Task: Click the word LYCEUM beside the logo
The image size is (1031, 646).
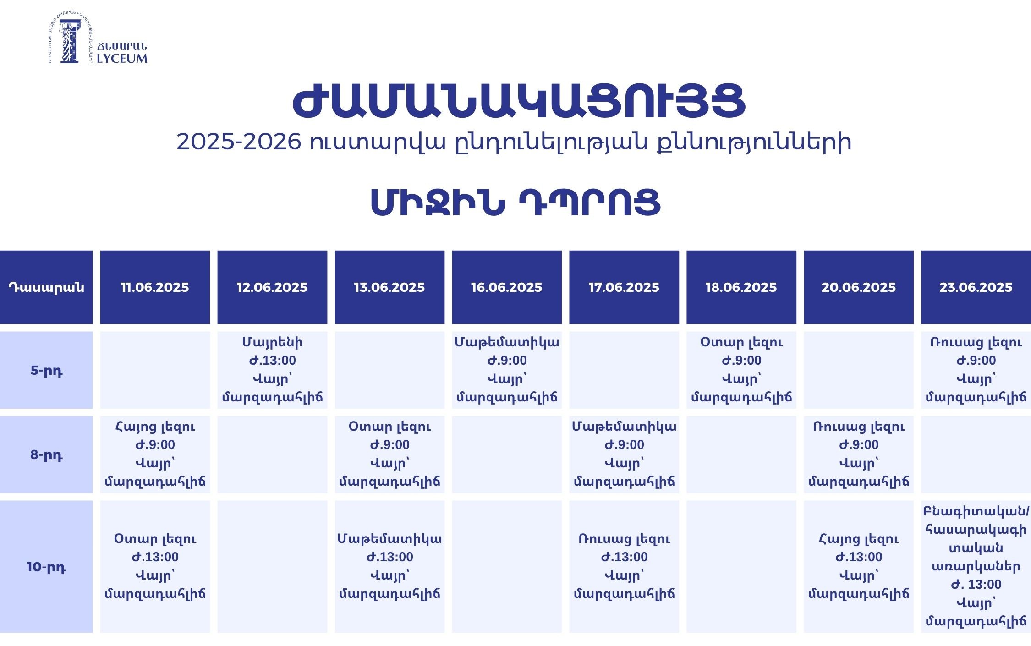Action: [x=122, y=58]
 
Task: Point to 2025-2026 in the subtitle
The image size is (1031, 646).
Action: [x=239, y=142]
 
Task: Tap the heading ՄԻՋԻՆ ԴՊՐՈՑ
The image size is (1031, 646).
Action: [x=515, y=202]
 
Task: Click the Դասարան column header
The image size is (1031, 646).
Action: [x=46, y=287]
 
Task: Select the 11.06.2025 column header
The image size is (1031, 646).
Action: [x=155, y=287]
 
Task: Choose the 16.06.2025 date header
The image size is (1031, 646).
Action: [x=507, y=287]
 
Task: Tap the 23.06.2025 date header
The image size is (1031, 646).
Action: [x=976, y=287]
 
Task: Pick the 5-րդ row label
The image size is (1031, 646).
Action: [x=46, y=370]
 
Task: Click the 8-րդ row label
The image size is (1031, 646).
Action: [x=46, y=454]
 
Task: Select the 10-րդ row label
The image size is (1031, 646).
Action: [x=46, y=567]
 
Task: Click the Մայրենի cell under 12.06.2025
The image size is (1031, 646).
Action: [x=272, y=370]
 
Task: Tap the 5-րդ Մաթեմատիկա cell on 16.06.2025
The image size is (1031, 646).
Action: [x=507, y=370]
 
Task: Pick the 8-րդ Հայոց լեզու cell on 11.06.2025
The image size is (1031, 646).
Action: [x=155, y=454]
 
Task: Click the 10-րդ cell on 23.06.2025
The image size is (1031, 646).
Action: [x=976, y=567]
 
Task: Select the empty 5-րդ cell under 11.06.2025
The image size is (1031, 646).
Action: [x=155, y=370]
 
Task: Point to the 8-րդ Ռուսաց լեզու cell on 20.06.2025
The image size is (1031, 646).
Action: [x=859, y=454]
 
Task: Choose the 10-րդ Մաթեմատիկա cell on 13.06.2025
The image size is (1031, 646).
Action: [x=389, y=567]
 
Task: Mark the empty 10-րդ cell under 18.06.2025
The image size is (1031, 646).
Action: [x=741, y=567]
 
